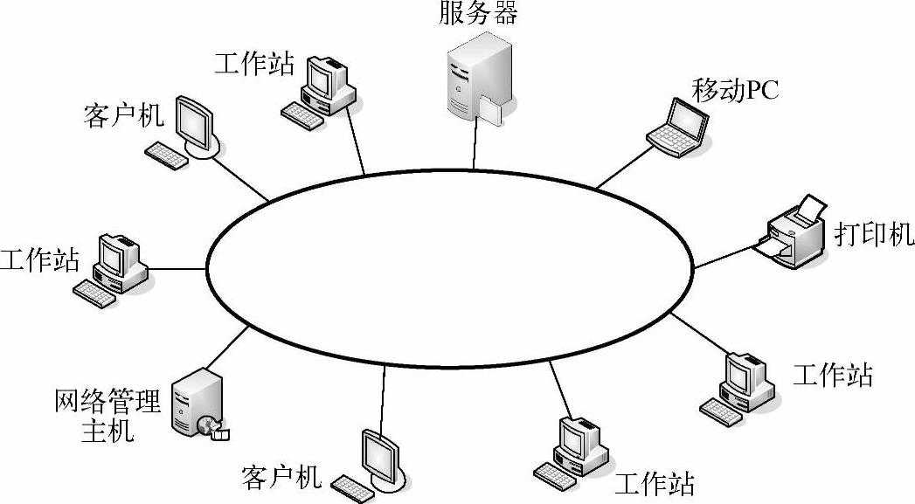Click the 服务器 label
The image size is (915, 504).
point(479,13)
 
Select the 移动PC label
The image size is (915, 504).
point(735,89)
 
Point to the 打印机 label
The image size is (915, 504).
point(873,234)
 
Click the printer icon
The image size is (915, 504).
point(794,234)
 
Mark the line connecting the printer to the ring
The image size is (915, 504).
point(724,256)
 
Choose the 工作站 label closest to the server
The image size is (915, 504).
point(254,64)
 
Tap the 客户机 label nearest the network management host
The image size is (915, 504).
point(281,477)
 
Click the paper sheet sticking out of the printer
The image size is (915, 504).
point(813,208)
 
